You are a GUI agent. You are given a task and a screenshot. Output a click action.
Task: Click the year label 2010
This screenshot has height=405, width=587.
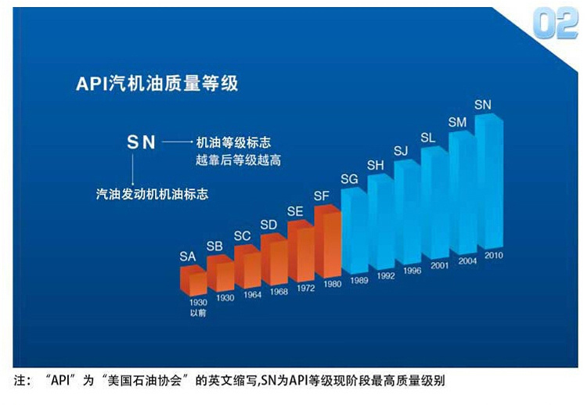pyautogui.click(x=493, y=255)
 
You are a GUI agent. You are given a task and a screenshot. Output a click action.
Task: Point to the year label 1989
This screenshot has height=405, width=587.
pyautogui.click(x=360, y=280)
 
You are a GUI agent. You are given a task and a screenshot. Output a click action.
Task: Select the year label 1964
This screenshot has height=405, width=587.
pyautogui.click(x=252, y=295)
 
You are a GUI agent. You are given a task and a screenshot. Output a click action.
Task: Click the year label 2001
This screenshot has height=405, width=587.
pyautogui.click(x=439, y=266)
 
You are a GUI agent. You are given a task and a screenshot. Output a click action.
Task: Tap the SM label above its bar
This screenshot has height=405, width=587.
pyautogui.click(x=457, y=122)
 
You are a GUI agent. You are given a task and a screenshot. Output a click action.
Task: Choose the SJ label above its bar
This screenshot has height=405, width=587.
pyautogui.click(x=402, y=150)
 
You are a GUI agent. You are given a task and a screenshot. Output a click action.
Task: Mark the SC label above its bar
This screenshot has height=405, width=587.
pyautogui.click(x=243, y=235)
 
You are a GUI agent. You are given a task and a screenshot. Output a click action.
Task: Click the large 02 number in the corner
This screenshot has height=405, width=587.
pyautogui.click(x=555, y=23)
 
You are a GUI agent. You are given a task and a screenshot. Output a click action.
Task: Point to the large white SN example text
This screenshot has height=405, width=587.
pyautogui.click(x=142, y=143)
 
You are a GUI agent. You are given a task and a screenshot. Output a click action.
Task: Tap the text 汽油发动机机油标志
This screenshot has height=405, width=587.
pyautogui.click(x=146, y=192)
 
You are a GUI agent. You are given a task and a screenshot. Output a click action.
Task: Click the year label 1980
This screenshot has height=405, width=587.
pyautogui.click(x=332, y=284)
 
